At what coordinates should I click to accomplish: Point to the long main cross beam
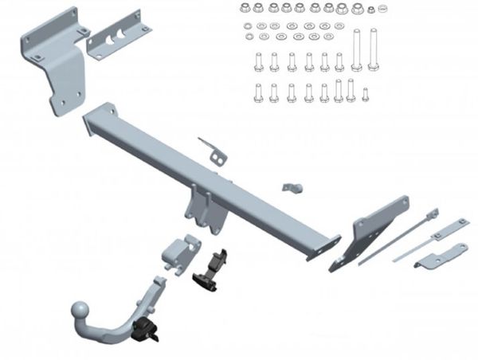[215, 178]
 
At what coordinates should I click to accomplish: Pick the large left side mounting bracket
[58, 60]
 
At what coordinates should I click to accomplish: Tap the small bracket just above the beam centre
[211, 151]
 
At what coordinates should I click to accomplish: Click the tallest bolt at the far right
[373, 50]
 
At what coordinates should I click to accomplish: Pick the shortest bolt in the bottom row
[365, 95]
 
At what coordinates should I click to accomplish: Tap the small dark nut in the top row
[370, 10]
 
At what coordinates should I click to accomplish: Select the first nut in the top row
[245, 8]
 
